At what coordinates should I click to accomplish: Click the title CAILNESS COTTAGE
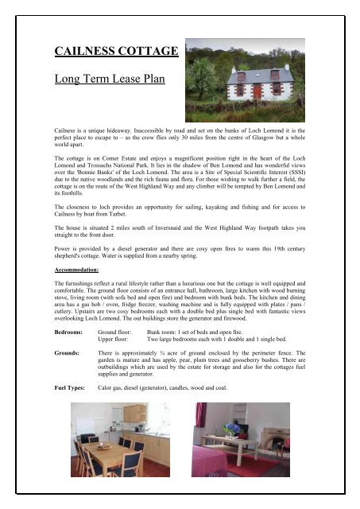(x=115, y=52)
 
